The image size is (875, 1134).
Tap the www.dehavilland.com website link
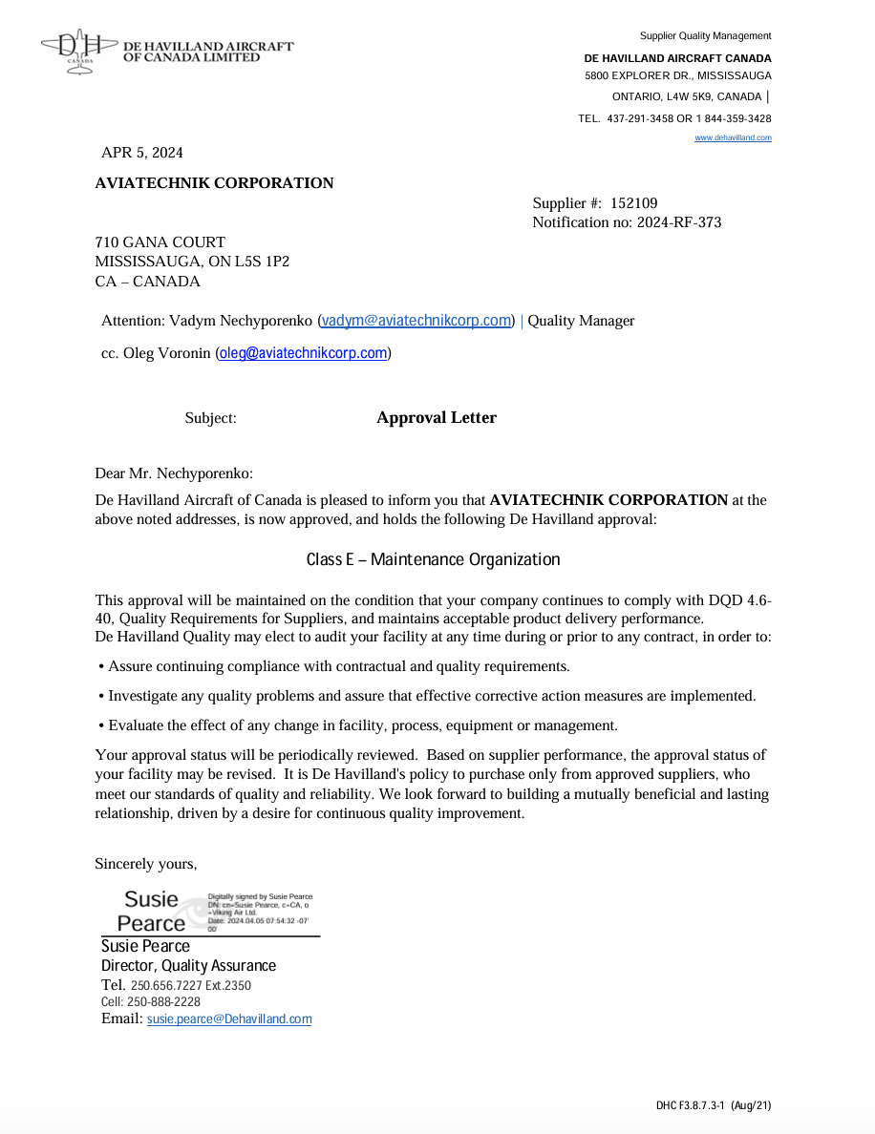tap(733, 138)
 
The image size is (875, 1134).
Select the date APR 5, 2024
tap(142, 153)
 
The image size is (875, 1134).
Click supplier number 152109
tap(634, 203)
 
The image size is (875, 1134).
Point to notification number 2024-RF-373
tap(679, 223)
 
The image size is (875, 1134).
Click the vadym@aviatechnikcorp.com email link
tap(416, 321)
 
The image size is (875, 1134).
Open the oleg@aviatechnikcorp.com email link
tap(303, 353)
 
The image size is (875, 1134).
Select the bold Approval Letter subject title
tap(437, 418)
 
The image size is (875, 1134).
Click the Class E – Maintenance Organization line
tap(433, 559)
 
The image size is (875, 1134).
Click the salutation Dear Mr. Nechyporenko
tap(174, 473)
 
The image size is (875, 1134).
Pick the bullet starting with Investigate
tap(431, 696)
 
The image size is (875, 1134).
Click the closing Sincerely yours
tap(146, 864)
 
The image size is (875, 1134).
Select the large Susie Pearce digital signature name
tap(152, 912)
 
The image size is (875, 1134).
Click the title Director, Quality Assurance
tap(188, 966)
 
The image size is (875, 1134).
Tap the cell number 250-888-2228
tap(163, 1002)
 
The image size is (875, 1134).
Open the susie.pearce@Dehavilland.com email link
tap(229, 1019)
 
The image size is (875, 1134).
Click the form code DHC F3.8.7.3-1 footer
tap(713, 1106)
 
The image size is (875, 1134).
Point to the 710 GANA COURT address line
tap(160, 243)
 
